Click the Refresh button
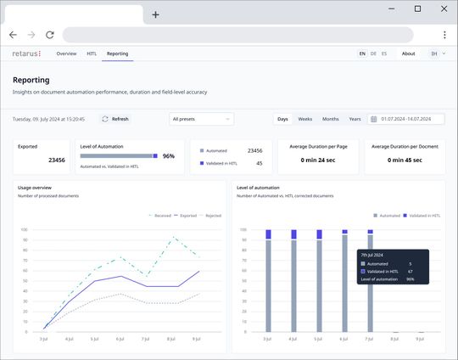(114, 119)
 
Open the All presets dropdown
(201, 119)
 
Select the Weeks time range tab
(304, 119)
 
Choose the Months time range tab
(330, 119)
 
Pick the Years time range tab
(355, 119)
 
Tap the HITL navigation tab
(92, 53)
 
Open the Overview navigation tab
(66, 53)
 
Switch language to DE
(373, 53)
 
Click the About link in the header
(408, 53)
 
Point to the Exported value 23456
(57, 160)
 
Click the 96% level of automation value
(168, 156)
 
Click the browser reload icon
(50, 35)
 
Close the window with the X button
(442, 8)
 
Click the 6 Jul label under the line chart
(120, 339)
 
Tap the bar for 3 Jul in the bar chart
(269, 284)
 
